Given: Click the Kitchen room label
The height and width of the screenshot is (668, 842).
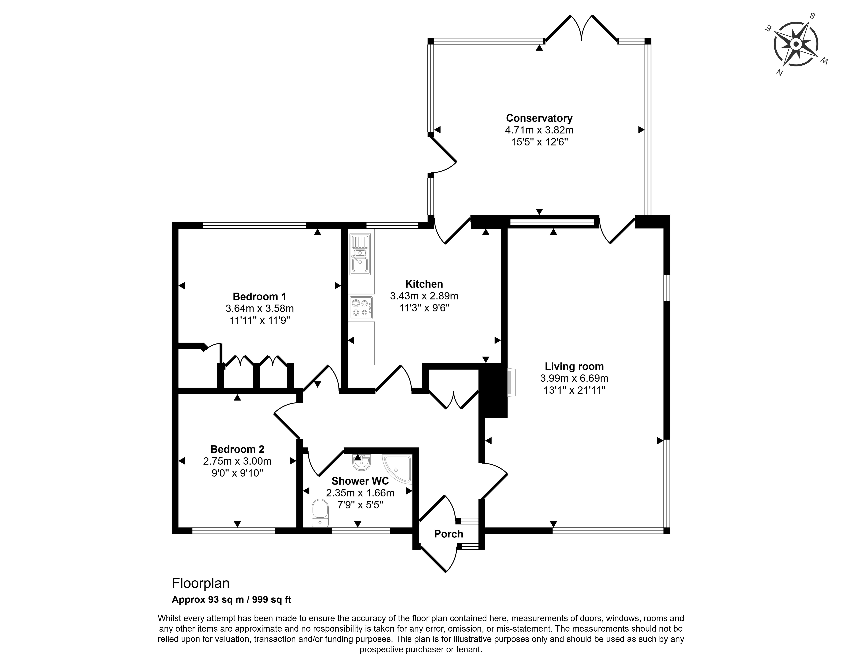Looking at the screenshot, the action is click(424, 284).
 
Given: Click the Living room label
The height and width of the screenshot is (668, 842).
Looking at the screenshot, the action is click(574, 367).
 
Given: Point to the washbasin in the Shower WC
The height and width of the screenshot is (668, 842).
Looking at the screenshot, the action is click(361, 463).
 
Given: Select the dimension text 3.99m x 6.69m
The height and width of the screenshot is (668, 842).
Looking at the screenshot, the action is click(574, 378).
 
